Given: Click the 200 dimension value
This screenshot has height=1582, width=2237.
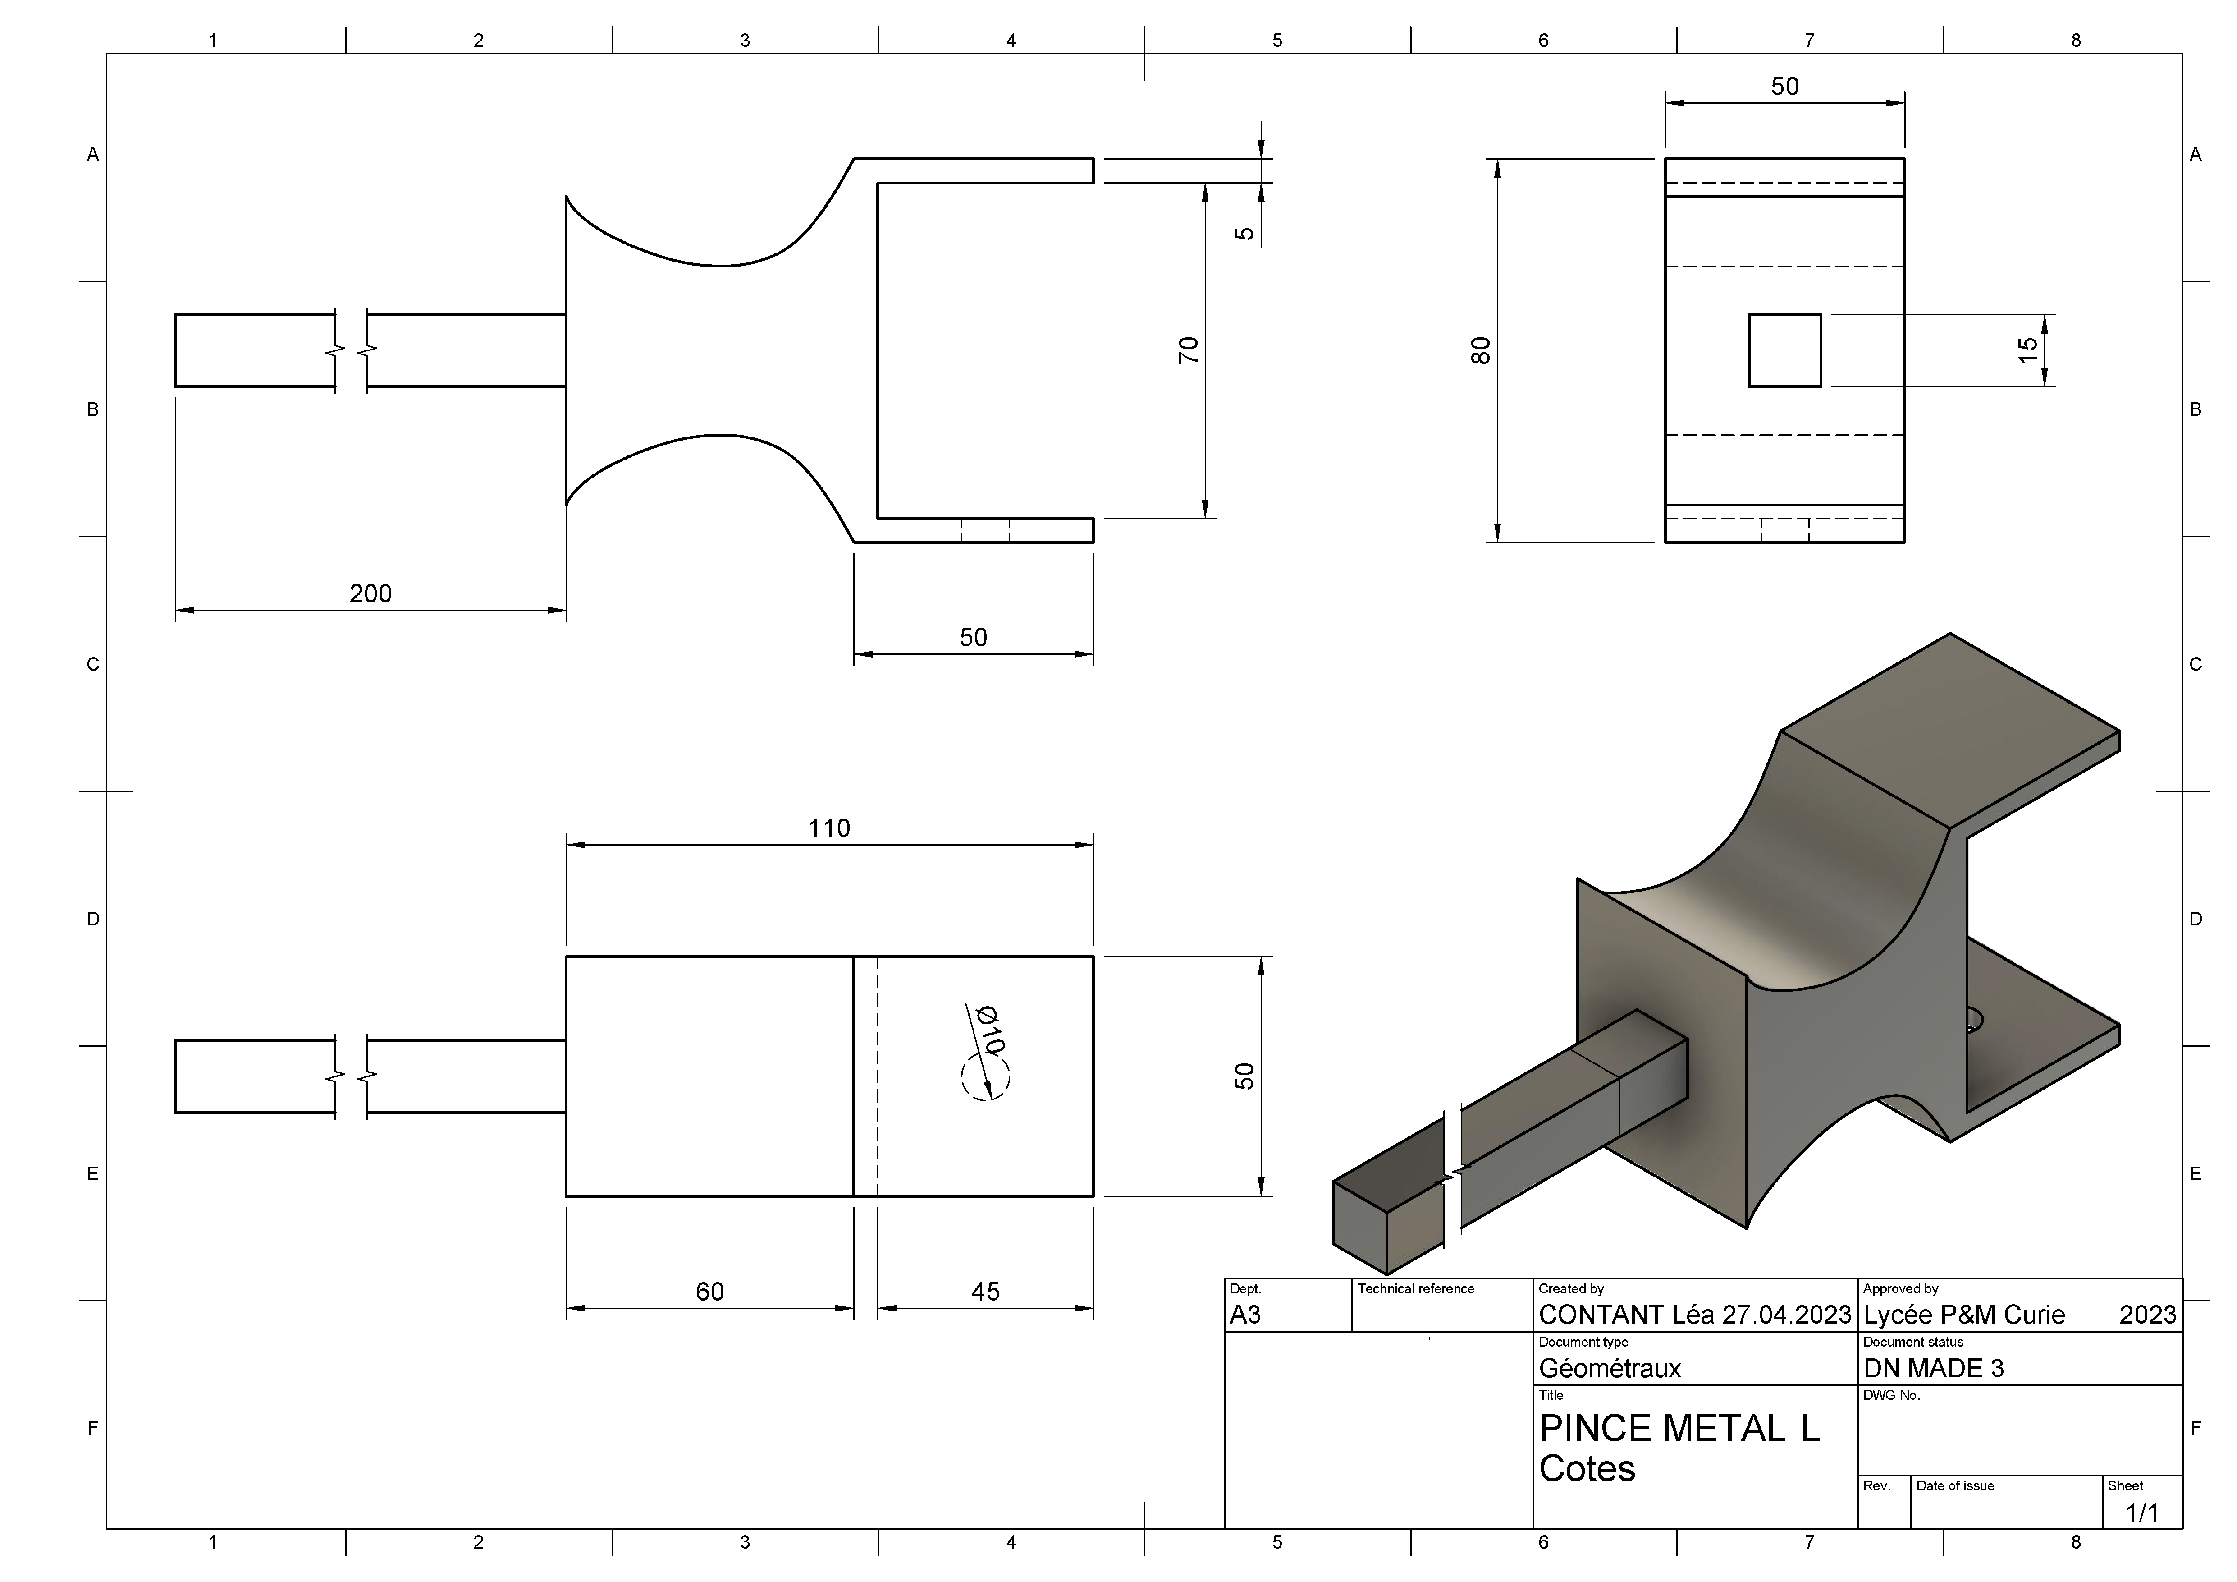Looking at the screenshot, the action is coord(370,593).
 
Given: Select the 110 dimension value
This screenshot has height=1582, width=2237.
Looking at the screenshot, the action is coord(829,828).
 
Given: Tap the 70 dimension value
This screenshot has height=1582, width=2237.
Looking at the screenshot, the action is coord(1189,350).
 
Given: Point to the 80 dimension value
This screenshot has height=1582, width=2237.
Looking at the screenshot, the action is coord(1481,350).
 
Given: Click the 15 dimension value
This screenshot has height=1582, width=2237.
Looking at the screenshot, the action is coord(2027,350).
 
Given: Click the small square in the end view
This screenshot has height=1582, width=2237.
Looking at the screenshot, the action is coord(1785,350).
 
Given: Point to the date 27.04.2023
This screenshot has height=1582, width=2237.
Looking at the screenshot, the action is coord(1786,1315).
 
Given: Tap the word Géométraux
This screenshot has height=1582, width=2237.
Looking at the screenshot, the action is coord(1610,1369).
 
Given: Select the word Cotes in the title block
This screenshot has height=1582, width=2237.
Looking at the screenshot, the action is coord(1587,1469).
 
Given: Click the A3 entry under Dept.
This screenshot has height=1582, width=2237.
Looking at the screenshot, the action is coord(1245,1315).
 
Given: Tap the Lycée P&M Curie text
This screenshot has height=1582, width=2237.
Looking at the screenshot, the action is coord(1964,1315).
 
